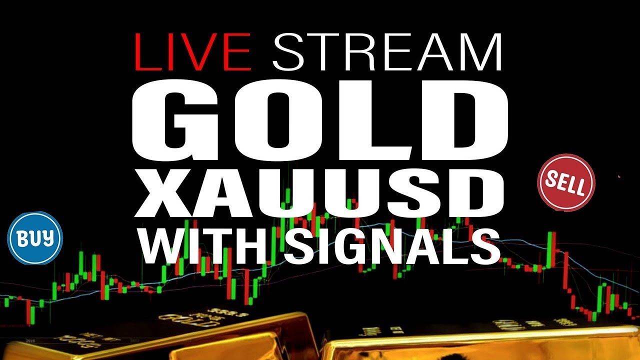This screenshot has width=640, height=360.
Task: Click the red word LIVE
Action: [192, 53]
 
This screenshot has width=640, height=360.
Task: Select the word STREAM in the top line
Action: [387, 53]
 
